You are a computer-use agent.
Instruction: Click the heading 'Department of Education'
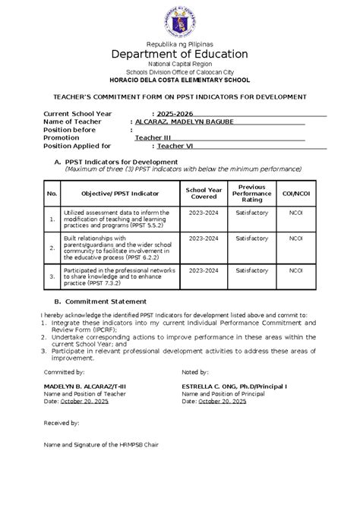[180, 54]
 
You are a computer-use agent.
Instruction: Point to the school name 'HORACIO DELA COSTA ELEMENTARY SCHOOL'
[180, 80]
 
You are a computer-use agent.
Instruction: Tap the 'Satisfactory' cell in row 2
[251, 238]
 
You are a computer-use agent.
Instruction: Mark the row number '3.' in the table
[52, 276]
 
